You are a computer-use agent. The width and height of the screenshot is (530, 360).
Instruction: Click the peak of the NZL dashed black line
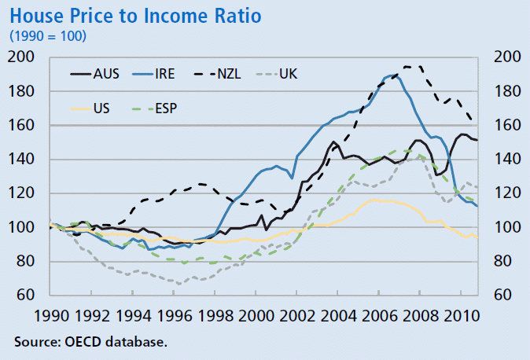coord(408,66)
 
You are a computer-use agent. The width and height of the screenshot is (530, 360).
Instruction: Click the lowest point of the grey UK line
coord(180,284)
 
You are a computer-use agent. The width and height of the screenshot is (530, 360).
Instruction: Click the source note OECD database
coord(90,342)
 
